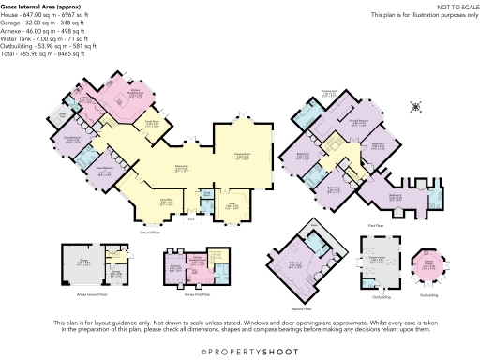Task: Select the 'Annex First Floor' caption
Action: pos(194,292)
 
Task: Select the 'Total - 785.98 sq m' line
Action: pos(43,55)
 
